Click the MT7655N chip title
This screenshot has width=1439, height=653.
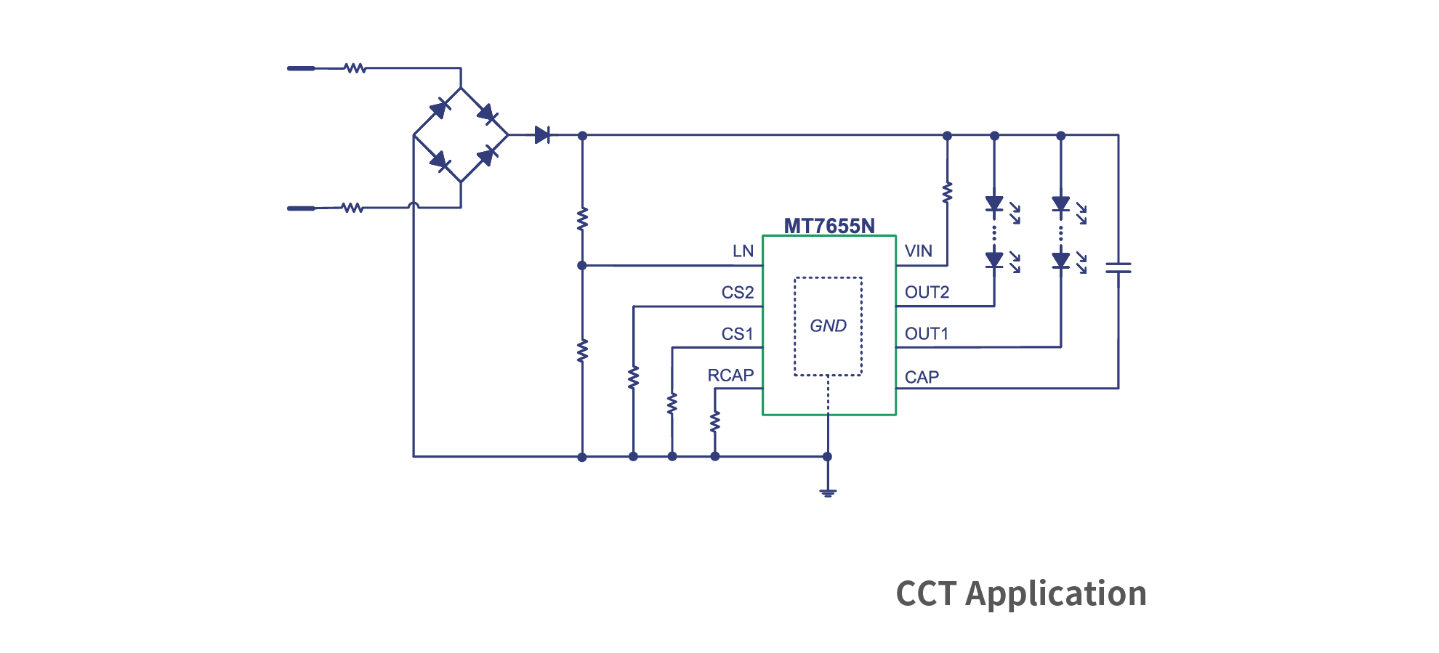tap(829, 226)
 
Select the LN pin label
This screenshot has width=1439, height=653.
tap(743, 251)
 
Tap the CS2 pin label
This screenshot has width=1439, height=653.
tap(737, 293)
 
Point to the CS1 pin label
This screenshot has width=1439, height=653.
tap(737, 334)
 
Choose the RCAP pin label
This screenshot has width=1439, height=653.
tap(730, 376)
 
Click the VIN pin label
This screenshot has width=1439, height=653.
tap(918, 251)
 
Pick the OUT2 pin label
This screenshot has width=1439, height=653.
tap(927, 293)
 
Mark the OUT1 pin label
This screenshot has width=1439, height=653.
tap(927, 334)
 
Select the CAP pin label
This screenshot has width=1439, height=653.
tap(922, 378)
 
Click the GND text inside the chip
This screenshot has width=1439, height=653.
tap(828, 326)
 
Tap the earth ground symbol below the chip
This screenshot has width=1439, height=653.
tap(828, 492)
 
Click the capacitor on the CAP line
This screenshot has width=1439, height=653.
tap(1118, 268)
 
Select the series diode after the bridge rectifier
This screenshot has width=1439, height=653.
tap(541, 135)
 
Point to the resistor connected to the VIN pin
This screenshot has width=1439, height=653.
tap(947, 192)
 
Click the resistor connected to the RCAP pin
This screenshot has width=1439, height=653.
tap(715, 421)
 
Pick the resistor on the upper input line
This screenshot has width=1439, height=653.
tap(355, 68)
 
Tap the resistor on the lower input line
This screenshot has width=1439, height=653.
tap(352, 208)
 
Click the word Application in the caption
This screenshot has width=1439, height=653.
tap(1055, 594)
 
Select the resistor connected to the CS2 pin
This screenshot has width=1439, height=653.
tap(633, 377)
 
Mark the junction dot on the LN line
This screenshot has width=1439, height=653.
tap(581, 266)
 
